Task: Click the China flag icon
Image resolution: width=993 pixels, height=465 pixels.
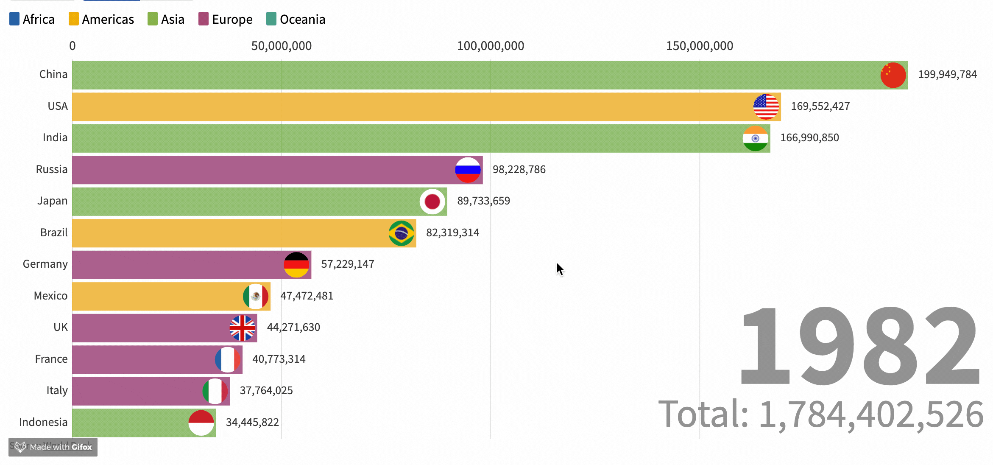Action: point(893,75)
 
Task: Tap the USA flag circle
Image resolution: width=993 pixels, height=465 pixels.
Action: point(766,106)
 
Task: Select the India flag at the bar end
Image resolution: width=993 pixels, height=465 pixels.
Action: point(755,138)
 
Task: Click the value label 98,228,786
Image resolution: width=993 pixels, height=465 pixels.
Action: point(519,169)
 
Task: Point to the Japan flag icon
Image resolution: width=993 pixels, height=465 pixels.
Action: point(432,202)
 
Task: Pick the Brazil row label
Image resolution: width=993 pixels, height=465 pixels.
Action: point(54,232)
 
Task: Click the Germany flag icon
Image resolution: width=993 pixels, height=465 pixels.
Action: point(296,265)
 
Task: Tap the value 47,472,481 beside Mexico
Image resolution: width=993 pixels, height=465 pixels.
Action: point(307,296)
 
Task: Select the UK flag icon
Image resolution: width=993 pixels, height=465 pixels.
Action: point(242,328)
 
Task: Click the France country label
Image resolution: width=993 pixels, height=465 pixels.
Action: point(51,359)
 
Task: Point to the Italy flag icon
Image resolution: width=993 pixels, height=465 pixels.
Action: point(215,391)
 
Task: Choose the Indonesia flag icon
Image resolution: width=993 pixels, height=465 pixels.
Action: point(201,423)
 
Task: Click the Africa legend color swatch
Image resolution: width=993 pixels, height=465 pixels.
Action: point(14,19)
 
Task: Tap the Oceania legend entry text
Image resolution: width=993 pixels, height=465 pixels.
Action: point(302,20)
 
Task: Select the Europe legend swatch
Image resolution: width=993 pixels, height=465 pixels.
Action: point(204,19)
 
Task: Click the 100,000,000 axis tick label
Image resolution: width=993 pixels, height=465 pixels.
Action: point(490,46)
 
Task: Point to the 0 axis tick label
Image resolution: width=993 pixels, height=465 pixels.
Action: point(73,46)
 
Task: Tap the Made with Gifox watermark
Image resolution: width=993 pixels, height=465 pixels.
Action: point(53,447)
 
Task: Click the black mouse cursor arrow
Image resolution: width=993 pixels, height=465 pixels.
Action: point(560,269)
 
